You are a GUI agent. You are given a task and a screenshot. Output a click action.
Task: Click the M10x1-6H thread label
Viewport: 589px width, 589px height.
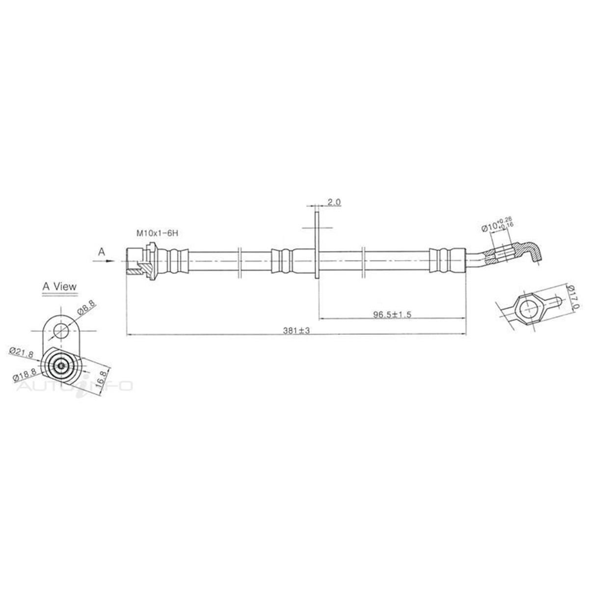coord(157,234)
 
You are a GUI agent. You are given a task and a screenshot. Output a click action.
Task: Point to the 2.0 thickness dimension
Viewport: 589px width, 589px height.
coord(335,202)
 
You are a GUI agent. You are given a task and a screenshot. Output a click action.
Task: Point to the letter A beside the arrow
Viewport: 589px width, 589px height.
coord(102,251)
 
